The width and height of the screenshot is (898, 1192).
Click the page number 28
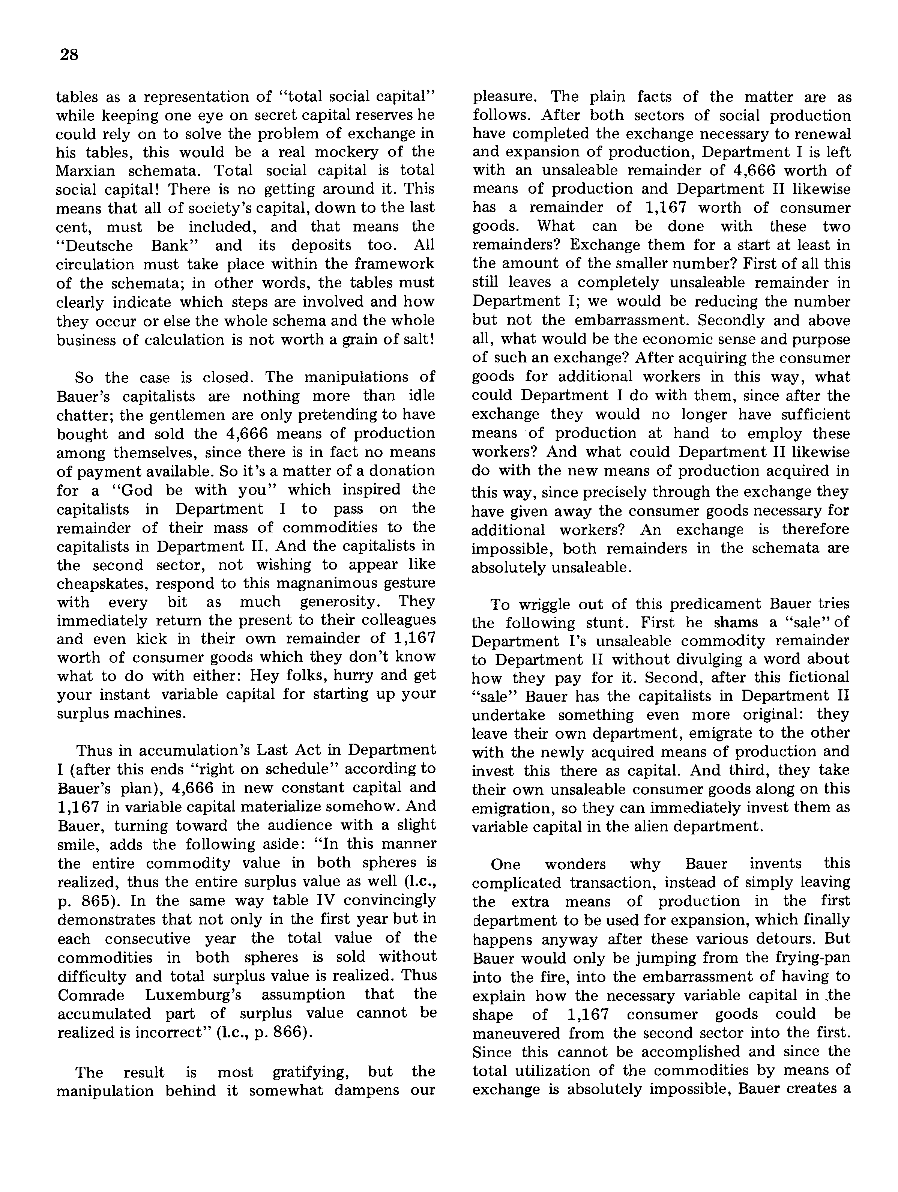pos(69,55)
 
